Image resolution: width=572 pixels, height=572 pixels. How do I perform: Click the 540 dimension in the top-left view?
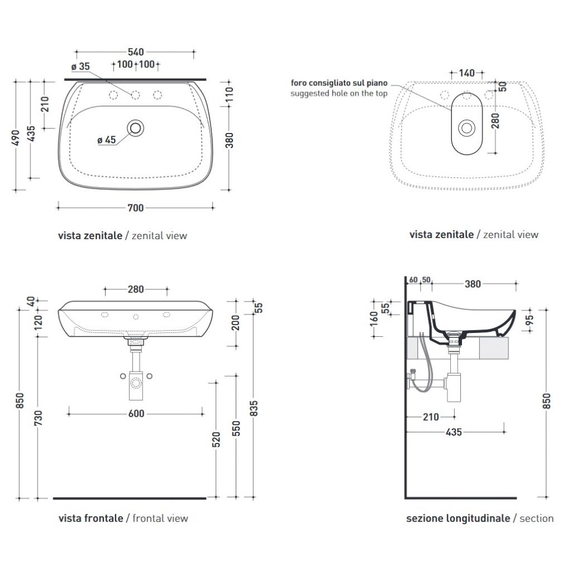pyautogui.click(x=135, y=52)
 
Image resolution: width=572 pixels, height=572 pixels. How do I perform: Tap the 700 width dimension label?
pyautogui.click(x=135, y=208)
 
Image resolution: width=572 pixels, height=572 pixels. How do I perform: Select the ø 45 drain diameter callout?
pyautogui.click(x=107, y=140)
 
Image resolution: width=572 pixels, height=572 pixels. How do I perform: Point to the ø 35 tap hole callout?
pyautogui.click(x=80, y=66)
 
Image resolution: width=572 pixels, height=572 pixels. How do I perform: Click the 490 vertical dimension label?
pyautogui.click(x=16, y=137)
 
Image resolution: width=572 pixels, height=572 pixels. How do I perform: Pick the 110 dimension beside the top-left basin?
pyautogui.click(x=229, y=94)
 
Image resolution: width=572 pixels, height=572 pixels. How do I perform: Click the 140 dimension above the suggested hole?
pyautogui.click(x=466, y=73)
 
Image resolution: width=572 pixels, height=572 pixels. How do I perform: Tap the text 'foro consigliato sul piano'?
pyautogui.click(x=339, y=83)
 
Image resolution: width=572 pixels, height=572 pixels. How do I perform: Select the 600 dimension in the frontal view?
pyautogui.click(x=136, y=414)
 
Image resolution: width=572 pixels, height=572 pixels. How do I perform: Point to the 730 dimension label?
pyautogui.click(x=39, y=418)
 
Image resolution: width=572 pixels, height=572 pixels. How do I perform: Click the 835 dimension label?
pyautogui.click(x=254, y=408)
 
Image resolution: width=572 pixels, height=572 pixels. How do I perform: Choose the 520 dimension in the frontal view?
pyautogui.click(x=216, y=440)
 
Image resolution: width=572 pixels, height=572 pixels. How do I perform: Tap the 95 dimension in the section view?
pyautogui.click(x=530, y=320)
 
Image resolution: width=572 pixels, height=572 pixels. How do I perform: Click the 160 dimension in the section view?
pyautogui.click(x=374, y=318)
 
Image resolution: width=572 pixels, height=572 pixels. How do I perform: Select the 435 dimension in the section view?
pyautogui.click(x=454, y=432)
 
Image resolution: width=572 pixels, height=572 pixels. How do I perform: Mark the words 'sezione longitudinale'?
pyautogui.click(x=458, y=518)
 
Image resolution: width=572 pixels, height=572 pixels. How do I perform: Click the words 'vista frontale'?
pyautogui.click(x=91, y=518)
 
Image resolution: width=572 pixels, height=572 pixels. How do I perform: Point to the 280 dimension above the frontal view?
pyautogui.click(x=136, y=290)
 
